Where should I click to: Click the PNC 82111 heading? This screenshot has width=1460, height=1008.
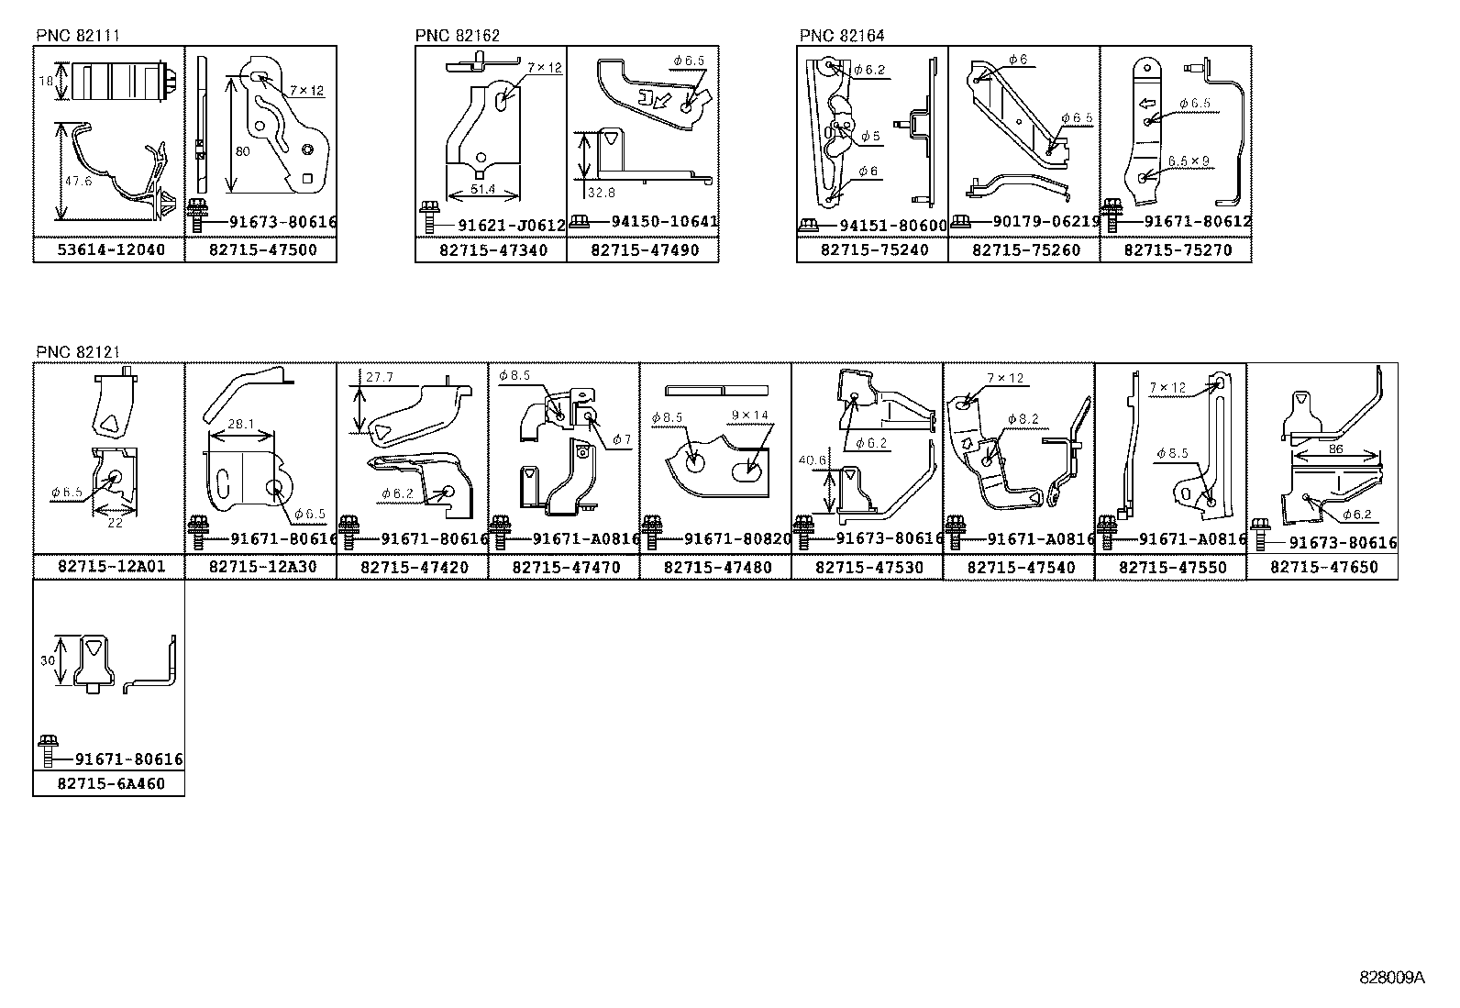[78, 35]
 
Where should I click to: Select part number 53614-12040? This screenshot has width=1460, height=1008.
[111, 249]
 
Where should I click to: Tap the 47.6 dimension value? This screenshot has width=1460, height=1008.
[78, 181]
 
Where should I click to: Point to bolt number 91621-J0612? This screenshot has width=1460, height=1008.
[512, 226]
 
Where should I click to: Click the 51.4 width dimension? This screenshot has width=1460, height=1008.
[482, 189]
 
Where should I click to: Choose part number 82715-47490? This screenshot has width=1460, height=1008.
[645, 250]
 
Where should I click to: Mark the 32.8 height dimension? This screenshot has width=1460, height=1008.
[601, 193]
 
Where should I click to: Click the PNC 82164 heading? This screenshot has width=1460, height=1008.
[842, 35]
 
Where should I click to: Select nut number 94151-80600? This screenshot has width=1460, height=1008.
[893, 226]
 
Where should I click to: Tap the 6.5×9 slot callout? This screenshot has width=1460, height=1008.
[1189, 161]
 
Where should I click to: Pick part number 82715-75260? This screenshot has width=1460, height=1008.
[1026, 250]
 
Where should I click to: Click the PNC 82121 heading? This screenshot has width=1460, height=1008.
[78, 352]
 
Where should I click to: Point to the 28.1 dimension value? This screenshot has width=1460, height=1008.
[240, 424]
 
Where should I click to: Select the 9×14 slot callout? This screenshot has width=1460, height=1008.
[749, 415]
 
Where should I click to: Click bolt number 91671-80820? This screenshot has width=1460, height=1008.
[737, 539]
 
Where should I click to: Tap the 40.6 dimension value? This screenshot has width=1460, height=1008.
[813, 460]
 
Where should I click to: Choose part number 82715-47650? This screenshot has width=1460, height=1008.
[1323, 567]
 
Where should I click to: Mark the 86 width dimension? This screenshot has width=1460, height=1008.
[1335, 449]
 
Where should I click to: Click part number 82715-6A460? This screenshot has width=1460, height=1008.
[111, 783]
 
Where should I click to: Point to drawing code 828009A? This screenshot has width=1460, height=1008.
[1391, 978]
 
